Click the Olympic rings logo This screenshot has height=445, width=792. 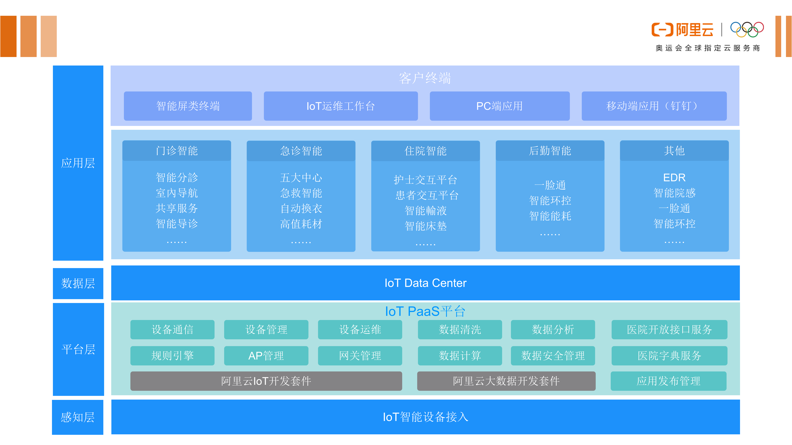click(747, 30)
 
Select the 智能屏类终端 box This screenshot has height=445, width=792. click(188, 106)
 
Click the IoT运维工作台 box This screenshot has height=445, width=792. click(341, 106)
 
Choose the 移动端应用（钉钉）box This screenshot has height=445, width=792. click(654, 106)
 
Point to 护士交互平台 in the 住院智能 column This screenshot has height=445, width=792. click(426, 180)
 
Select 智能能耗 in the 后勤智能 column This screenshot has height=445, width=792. click(550, 216)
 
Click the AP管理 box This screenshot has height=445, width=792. click(266, 356)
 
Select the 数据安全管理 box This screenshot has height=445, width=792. click(553, 356)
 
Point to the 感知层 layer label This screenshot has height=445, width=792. click(78, 417)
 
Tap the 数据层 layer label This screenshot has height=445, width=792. click(78, 283)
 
